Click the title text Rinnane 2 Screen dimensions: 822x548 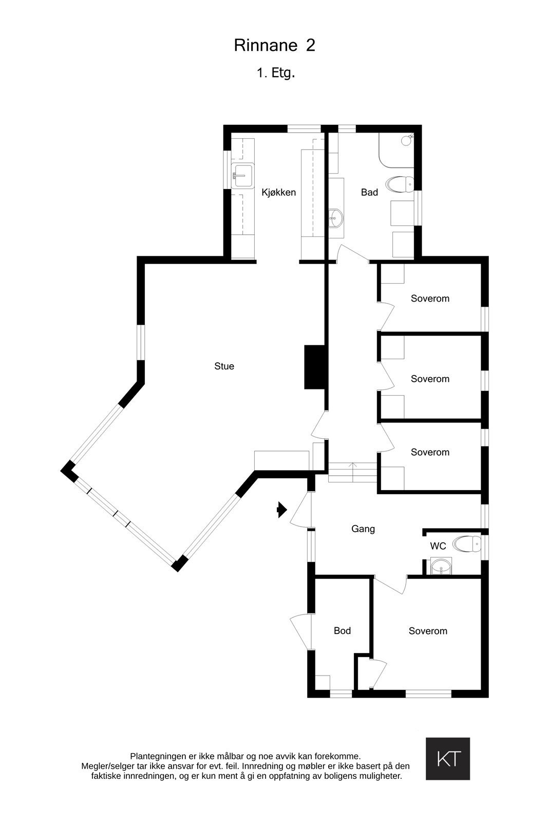pos(274,46)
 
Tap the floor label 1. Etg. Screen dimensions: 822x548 pos(276,73)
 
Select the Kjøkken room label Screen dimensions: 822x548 pos(279,193)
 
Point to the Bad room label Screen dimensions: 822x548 pos(369,193)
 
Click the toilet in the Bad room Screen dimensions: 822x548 pos(401,184)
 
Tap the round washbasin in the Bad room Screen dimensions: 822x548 pos(335,218)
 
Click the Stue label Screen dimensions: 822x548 pos(224,366)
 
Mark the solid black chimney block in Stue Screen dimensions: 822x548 pos(315,367)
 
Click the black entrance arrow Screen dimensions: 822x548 pos(281,510)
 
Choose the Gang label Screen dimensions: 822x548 pos(363,529)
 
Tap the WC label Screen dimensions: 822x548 pos(438,546)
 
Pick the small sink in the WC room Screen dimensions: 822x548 pos(441,567)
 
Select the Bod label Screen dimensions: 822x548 pos(342,631)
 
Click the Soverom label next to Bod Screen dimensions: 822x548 pos(428,631)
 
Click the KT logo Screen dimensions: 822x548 pos(448,759)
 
